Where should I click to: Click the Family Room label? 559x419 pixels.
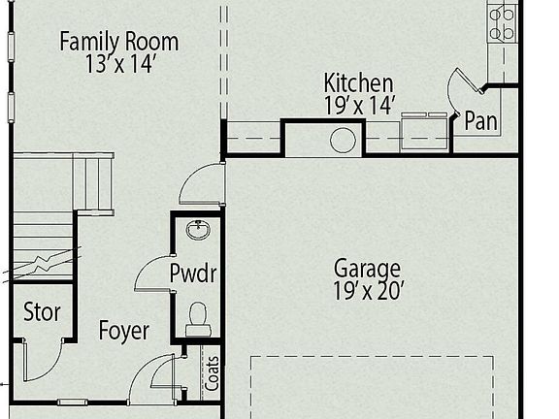pos(119,42)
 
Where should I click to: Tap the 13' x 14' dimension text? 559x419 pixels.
pos(119,64)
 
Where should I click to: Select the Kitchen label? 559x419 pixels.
pos(358,83)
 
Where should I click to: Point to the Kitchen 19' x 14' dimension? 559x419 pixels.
pos(359,105)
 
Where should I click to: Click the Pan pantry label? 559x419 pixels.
pos(481,121)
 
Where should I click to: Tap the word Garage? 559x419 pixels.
pos(367,267)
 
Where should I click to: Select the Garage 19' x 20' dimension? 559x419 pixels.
pos(368,289)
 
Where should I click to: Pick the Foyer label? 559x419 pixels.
pos(124,331)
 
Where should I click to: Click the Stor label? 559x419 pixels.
pos(42,312)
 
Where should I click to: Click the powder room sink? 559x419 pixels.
pos(198,230)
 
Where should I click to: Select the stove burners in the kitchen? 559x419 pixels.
pos(502,22)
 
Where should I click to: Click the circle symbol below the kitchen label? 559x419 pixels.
pos(343,140)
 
